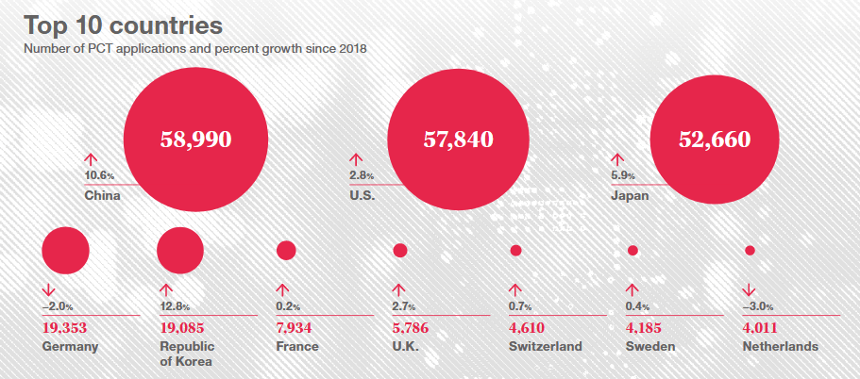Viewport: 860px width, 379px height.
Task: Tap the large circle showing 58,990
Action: [x=194, y=140]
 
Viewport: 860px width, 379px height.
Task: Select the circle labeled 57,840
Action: [x=458, y=140]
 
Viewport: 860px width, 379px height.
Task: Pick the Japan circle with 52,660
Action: [x=715, y=140]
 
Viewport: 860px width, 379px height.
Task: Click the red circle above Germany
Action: [x=65, y=250]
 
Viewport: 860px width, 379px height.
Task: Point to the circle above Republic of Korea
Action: [x=180, y=250]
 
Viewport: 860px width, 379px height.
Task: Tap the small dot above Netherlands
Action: [x=750, y=251]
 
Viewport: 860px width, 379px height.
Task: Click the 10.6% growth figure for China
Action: [x=99, y=176]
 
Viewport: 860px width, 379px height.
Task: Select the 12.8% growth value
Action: [x=176, y=306]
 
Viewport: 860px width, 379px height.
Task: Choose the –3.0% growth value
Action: [x=760, y=306]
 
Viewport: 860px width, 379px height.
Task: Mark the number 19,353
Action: [x=71, y=328]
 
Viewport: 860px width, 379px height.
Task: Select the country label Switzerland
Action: [x=546, y=347]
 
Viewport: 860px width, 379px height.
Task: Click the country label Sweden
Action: [x=650, y=347]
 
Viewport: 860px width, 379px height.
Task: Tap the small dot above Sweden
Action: [x=632, y=251]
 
